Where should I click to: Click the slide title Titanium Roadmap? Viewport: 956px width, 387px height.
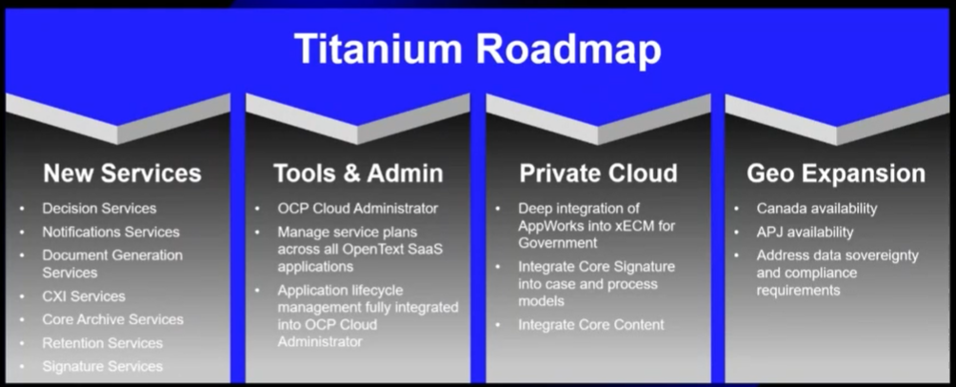click(477, 49)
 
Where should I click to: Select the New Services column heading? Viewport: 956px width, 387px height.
click(122, 173)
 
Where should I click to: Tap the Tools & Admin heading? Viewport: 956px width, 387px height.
click(358, 173)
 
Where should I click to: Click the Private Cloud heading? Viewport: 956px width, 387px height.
click(598, 173)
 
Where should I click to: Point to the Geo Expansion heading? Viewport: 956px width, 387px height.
click(836, 174)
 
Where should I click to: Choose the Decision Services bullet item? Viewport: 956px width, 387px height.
click(99, 208)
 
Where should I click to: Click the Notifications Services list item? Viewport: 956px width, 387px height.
click(111, 232)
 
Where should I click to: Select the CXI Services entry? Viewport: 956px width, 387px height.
click(84, 296)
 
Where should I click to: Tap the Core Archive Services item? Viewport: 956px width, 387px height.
click(112, 319)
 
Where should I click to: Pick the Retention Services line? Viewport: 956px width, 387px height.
click(103, 343)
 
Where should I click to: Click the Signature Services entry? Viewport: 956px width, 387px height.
click(103, 366)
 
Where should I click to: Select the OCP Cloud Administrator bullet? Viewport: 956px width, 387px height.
click(358, 208)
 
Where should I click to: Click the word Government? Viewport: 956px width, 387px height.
click(558, 243)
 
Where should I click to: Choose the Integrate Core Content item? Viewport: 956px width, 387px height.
click(591, 325)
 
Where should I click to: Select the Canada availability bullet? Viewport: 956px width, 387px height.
click(817, 209)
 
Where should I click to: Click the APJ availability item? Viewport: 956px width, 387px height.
click(805, 232)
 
